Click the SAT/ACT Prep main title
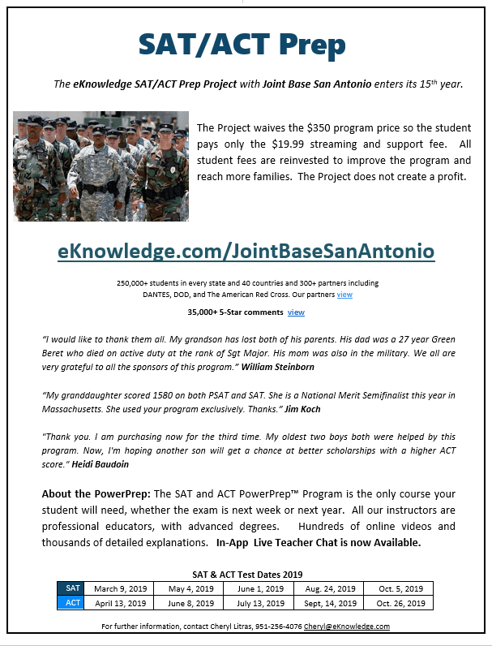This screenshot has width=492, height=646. click(242, 44)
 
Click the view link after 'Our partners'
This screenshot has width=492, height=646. click(344, 295)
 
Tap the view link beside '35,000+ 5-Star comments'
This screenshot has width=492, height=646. click(296, 312)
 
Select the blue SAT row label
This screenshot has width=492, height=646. click(73, 588)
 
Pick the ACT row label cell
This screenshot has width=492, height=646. click(73, 603)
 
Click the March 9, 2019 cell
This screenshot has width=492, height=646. click(120, 588)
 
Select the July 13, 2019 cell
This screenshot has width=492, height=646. click(259, 603)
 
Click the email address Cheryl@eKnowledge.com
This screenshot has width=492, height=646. click(346, 627)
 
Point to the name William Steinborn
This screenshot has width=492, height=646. click(283, 367)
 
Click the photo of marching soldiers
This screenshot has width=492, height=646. click(101, 166)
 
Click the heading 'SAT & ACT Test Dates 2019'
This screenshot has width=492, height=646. click(246, 574)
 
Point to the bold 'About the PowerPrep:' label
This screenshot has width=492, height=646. click(96, 494)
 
